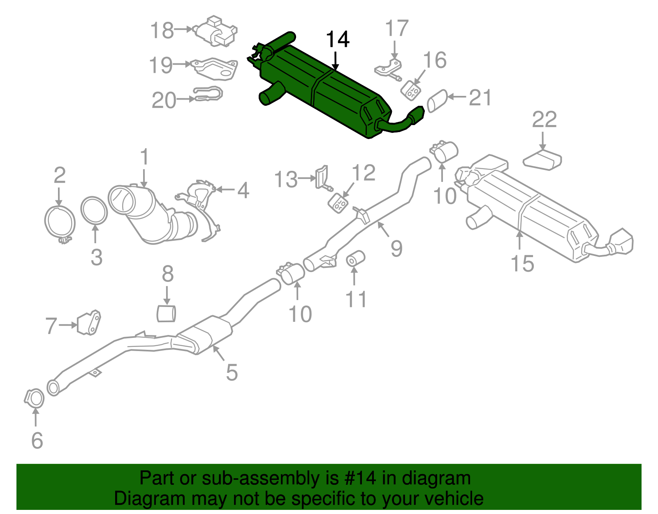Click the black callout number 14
click(338, 40)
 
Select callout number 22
click(544, 120)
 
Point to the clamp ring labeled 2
click(60, 223)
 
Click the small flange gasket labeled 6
click(34, 398)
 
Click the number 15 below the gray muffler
click(522, 263)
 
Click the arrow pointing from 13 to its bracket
click(307, 178)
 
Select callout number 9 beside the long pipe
click(396, 249)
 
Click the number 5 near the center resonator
click(232, 372)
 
